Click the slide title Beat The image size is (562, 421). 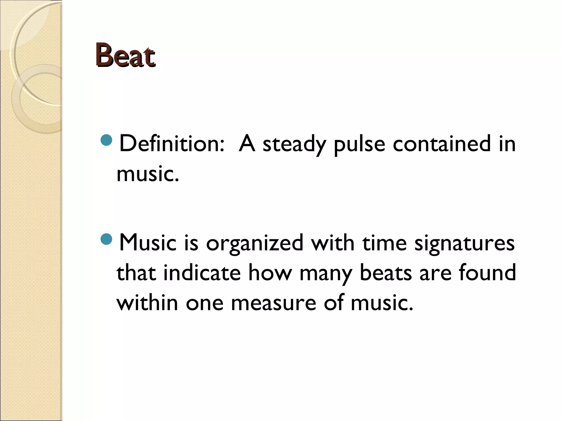pos(126,56)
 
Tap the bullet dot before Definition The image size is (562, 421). pos(106,140)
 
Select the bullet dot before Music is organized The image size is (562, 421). pos(106,239)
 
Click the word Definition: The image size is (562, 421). pos(172,144)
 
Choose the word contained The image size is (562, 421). pos(441,144)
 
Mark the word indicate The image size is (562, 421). pos(202,273)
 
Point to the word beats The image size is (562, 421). pos(386,273)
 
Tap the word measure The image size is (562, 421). pos(274,303)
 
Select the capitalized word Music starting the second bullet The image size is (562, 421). pos(148,243)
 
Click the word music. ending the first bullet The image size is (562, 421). pos(148,174)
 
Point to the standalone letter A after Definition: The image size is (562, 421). pos(247,144)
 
